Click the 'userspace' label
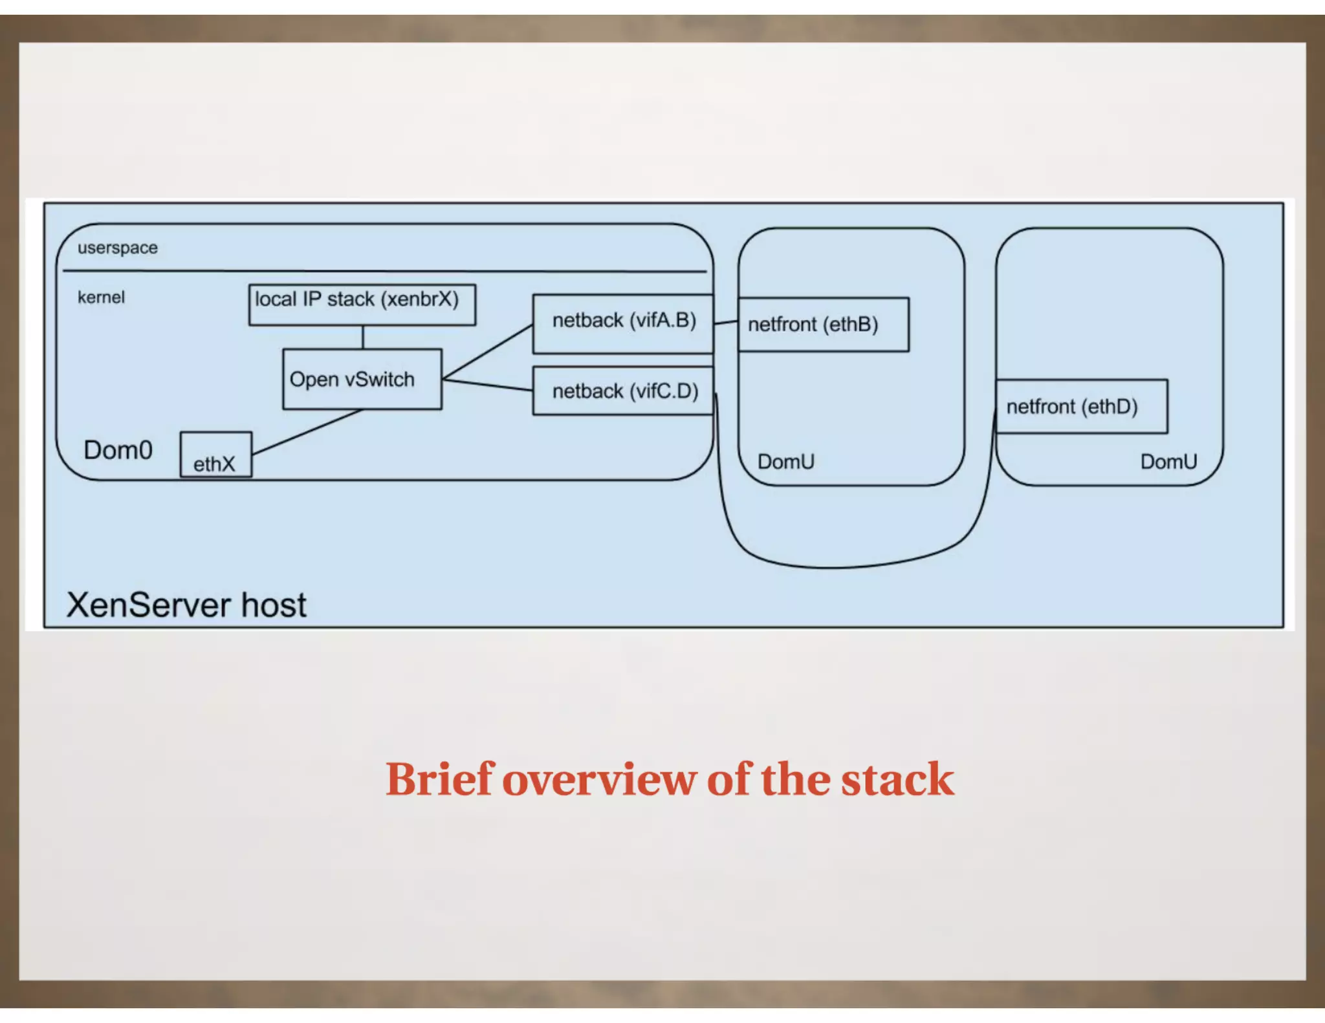(117, 248)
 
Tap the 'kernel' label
(101, 297)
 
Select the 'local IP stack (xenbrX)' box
(362, 304)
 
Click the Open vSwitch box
(362, 379)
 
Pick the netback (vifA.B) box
(622, 323)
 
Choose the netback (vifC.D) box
(622, 391)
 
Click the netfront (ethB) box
(822, 325)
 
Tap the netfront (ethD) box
(1080, 406)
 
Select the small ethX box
(215, 455)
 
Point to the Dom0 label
(118, 450)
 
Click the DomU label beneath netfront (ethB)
(785, 462)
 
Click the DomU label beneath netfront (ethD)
(1168, 462)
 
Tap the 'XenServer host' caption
(186, 605)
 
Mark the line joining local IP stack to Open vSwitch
(363, 337)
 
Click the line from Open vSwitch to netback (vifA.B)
(488, 352)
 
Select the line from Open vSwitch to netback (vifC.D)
(488, 385)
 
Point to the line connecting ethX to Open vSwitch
(307, 432)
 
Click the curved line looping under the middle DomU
(835, 567)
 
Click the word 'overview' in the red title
(598, 779)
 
